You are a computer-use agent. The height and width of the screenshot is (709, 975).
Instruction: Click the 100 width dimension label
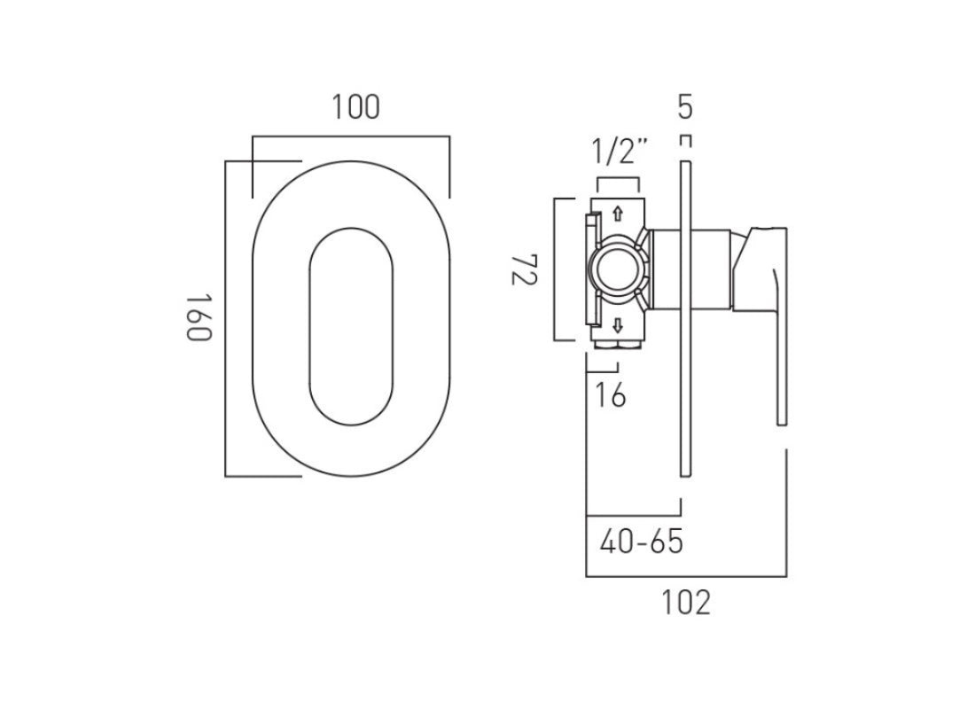tap(356, 107)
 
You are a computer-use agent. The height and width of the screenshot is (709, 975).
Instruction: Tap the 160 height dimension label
tap(196, 318)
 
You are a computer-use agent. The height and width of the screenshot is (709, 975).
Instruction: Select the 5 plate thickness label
tap(684, 107)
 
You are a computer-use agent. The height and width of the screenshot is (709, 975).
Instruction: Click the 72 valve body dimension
tap(524, 269)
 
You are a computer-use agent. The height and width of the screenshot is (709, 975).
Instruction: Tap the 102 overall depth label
tap(686, 603)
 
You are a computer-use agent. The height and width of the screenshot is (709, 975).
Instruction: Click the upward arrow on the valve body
tap(618, 214)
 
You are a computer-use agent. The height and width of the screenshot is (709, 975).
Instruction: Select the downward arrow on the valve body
tap(618, 323)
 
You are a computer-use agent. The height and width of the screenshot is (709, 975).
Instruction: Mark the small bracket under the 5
tap(684, 140)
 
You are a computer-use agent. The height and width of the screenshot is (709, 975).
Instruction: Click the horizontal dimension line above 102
tap(686, 576)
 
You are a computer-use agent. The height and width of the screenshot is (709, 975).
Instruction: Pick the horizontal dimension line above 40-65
tap(633, 515)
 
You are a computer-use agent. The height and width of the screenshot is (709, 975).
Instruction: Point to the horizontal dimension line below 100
tap(351, 136)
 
